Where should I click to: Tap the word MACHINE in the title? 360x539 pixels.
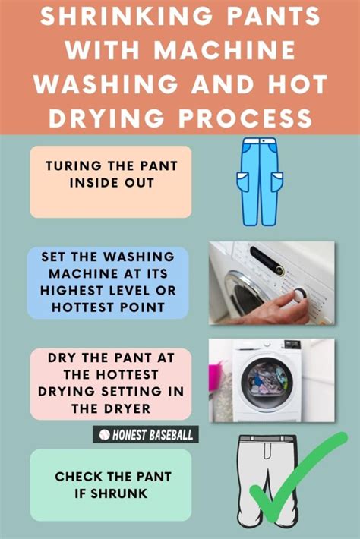point(225,50)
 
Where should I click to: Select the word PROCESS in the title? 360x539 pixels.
point(245,118)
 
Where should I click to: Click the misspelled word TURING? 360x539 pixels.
point(73,165)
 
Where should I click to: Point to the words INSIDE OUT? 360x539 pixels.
point(112,182)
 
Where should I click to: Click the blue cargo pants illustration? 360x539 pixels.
point(260,181)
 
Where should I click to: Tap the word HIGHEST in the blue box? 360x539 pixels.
point(72,291)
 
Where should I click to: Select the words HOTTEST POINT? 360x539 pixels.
point(108,307)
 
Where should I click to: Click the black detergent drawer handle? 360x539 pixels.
point(267,260)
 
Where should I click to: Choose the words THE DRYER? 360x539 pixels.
point(111,408)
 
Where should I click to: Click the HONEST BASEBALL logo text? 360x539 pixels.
point(153,435)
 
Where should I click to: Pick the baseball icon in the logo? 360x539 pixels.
point(104,435)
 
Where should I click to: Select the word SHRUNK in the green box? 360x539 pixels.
point(118,493)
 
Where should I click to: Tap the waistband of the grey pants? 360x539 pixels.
point(267,439)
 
